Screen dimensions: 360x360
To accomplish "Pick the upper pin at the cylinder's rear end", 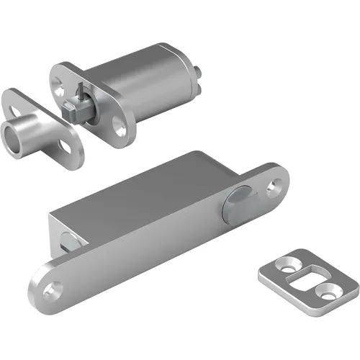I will (197, 69).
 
